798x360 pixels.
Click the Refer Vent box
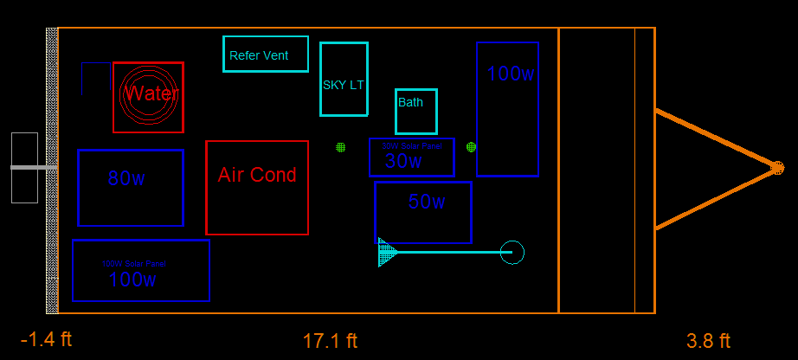[x=265, y=54]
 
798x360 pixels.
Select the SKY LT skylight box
[x=344, y=79]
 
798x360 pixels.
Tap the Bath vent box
[x=415, y=111]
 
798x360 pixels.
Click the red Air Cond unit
[x=257, y=187]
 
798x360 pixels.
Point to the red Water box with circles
[x=148, y=97]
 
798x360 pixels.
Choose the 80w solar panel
[x=131, y=188]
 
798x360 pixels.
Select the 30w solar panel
[x=411, y=157]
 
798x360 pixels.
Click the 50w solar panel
[x=422, y=212]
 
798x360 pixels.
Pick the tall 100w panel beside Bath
[x=507, y=109]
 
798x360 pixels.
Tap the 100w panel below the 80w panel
[x=141, y=270]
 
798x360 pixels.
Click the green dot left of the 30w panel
[x=341, y=147]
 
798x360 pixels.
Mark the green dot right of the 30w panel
[x=471, y=147]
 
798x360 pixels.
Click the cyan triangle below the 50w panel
[x=386, y=252]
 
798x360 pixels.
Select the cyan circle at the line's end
[x=512, y=252]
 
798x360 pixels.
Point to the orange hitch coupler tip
[x=776, y=168]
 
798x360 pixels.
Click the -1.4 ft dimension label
[x=46, y=339]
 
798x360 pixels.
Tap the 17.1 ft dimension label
[x=330, y=341]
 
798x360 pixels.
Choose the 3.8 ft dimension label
[x=709, y=341]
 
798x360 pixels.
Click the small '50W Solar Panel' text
[x=412, y=146]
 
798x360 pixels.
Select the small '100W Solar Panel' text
[x=134, y=263]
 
